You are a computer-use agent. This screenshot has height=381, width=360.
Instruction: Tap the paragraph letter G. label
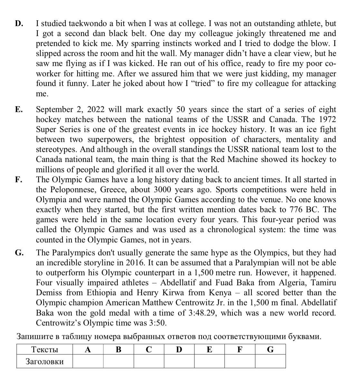(x=19, y=253)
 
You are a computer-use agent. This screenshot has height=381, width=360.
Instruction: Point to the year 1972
(x=326, y=119)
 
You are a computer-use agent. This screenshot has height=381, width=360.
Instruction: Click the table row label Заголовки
(x=44, y=362)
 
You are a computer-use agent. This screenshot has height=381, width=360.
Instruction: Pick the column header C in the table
(x=149, y=349)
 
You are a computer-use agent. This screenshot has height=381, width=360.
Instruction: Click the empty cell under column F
(x=240, y=362)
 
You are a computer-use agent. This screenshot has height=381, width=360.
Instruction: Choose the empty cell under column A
(x=88, y=362)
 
